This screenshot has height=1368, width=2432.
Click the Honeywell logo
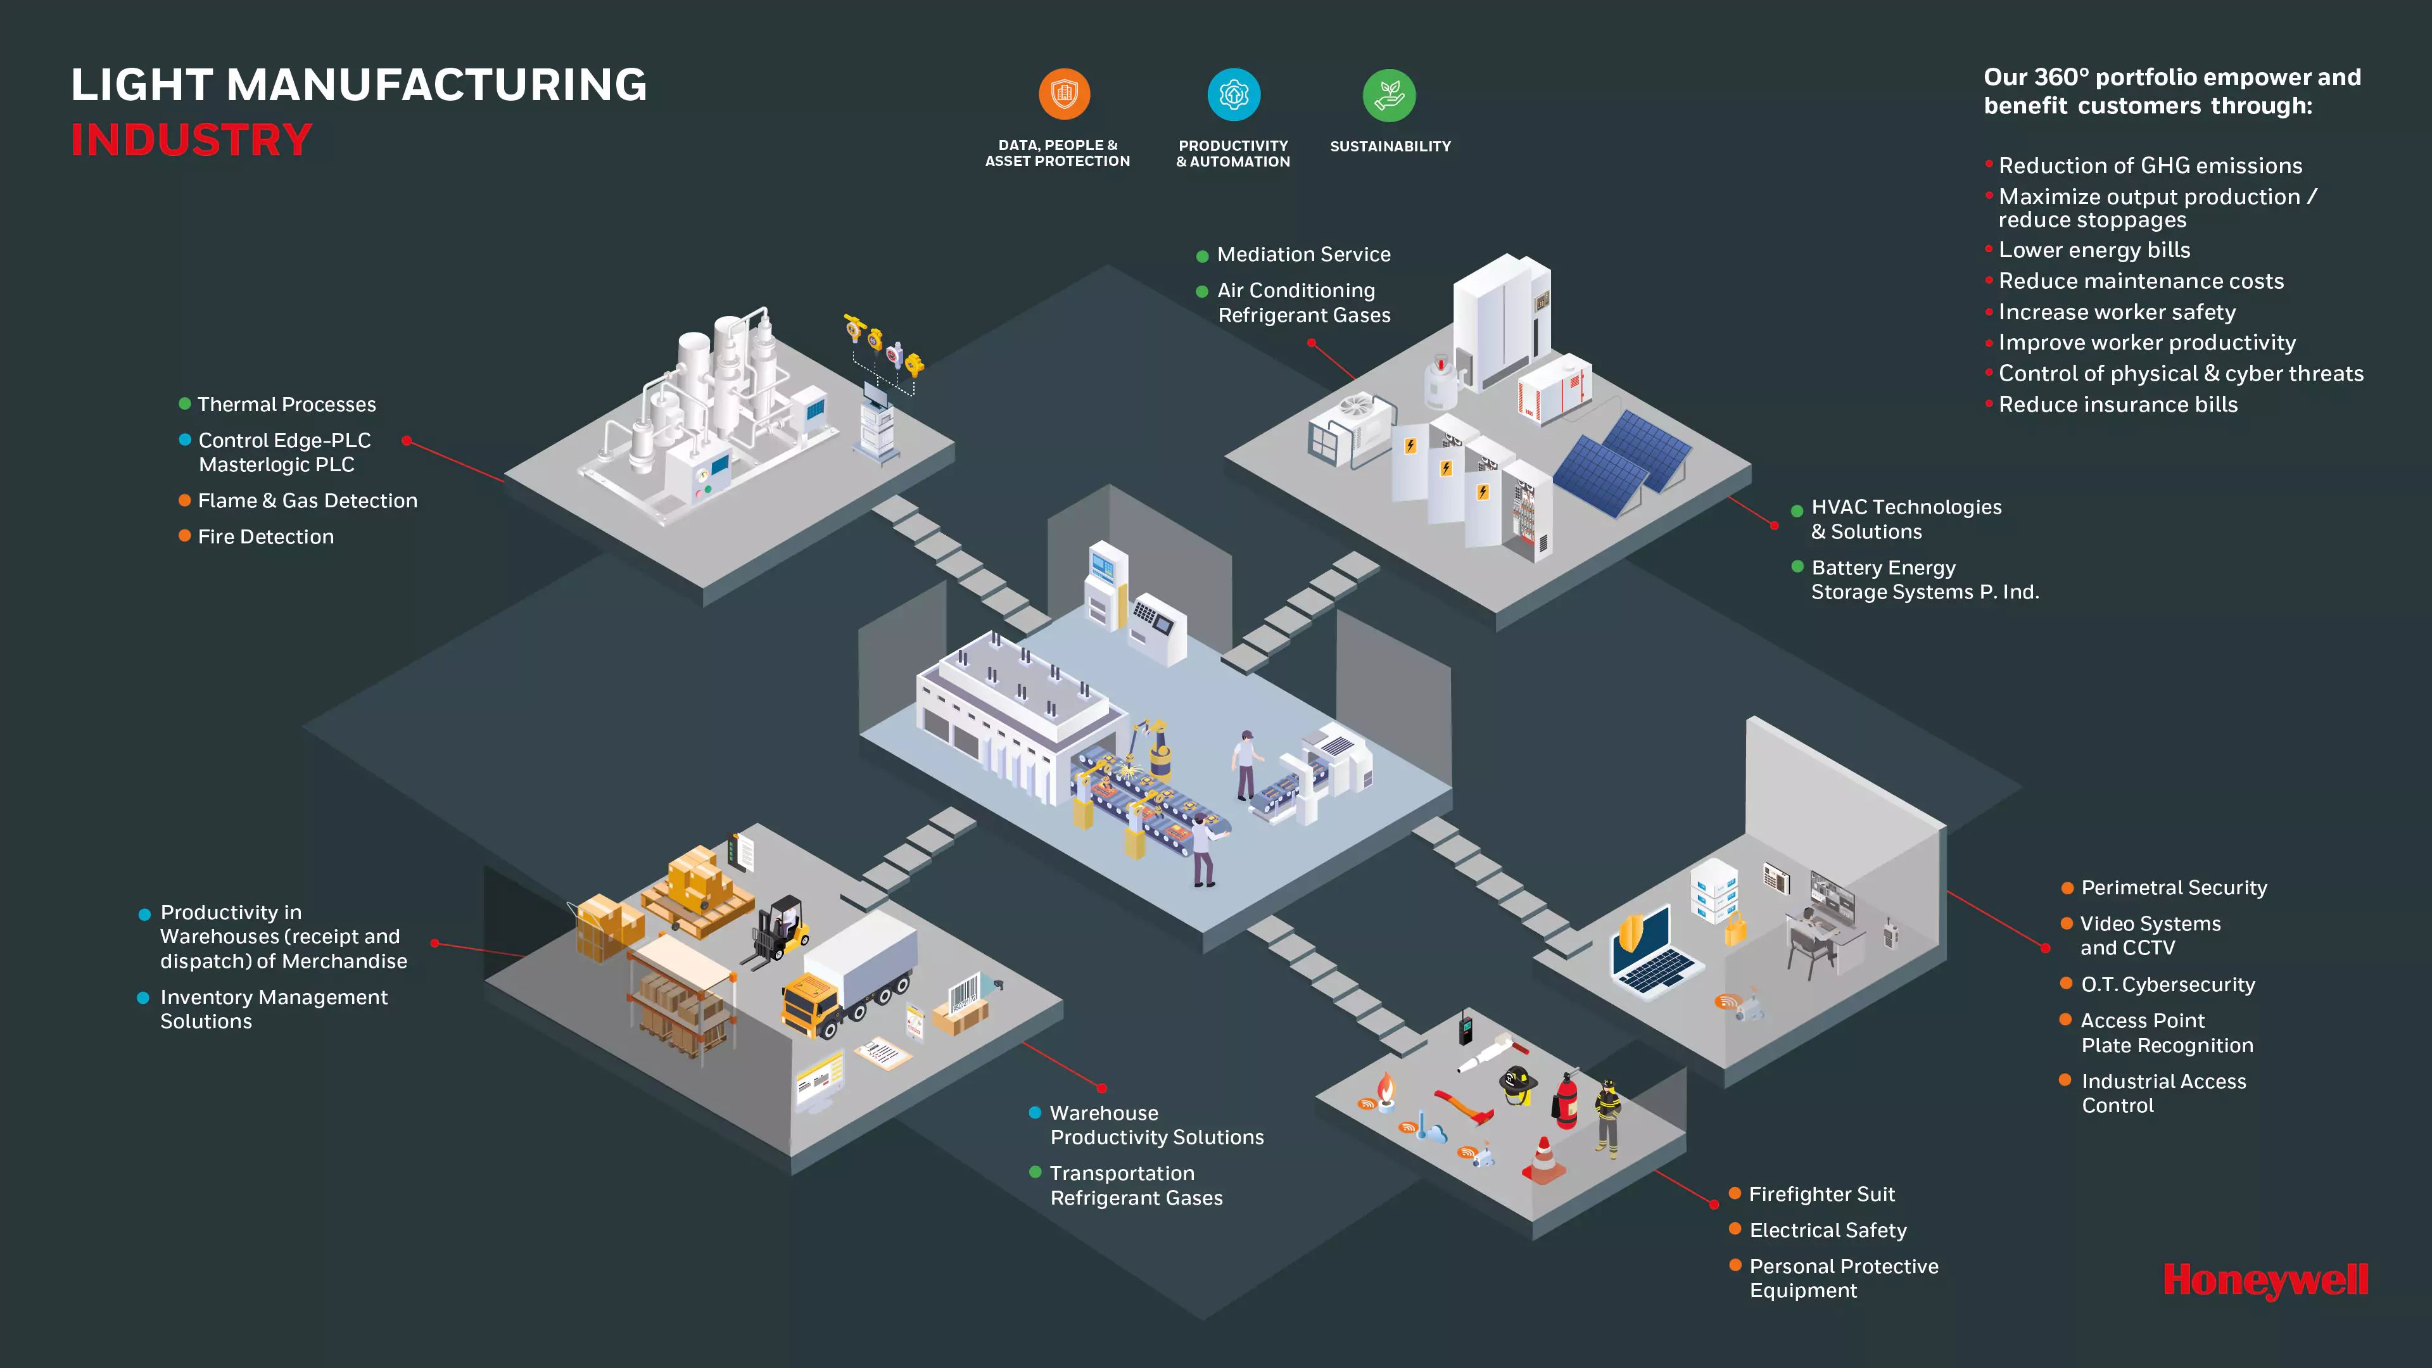(x=2265, y=1281)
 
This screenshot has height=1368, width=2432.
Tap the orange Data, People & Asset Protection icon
(x=1064, y=94)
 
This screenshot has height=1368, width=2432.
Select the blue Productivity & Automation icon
(x=1233, y=94)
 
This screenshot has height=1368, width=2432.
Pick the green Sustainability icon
(x=1389, y=96)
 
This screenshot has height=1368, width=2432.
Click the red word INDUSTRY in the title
(x=192, y=140)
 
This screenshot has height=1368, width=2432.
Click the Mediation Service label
(x=1303, y=255)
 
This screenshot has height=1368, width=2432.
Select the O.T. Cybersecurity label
(x=2168, y=985)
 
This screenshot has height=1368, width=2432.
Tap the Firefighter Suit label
(x=1821, y=1194)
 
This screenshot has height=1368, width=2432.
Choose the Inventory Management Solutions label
(x=274, y=1008)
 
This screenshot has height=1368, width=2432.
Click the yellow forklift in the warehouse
(x=782, y=930)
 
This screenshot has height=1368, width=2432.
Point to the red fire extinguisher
(x=1566, y=1101)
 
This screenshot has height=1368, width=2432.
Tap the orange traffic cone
(x=1543, y=1160)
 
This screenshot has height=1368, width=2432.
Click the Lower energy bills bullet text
(x=2094, y=250)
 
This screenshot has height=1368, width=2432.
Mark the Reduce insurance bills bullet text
(x=2118, y=405)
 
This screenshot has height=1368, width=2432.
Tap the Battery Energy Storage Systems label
(x=1924, y=579)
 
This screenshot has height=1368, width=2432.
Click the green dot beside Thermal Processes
(x=185, y=404)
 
